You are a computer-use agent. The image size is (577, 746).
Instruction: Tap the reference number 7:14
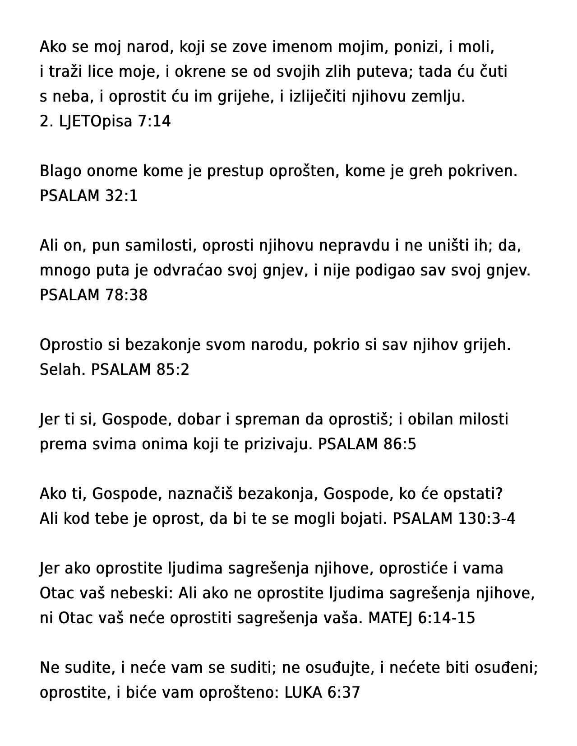coord(154,121)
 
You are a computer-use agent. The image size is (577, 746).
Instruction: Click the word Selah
coord(63,370)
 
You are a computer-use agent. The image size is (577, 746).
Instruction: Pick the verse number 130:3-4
coord(486,519)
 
